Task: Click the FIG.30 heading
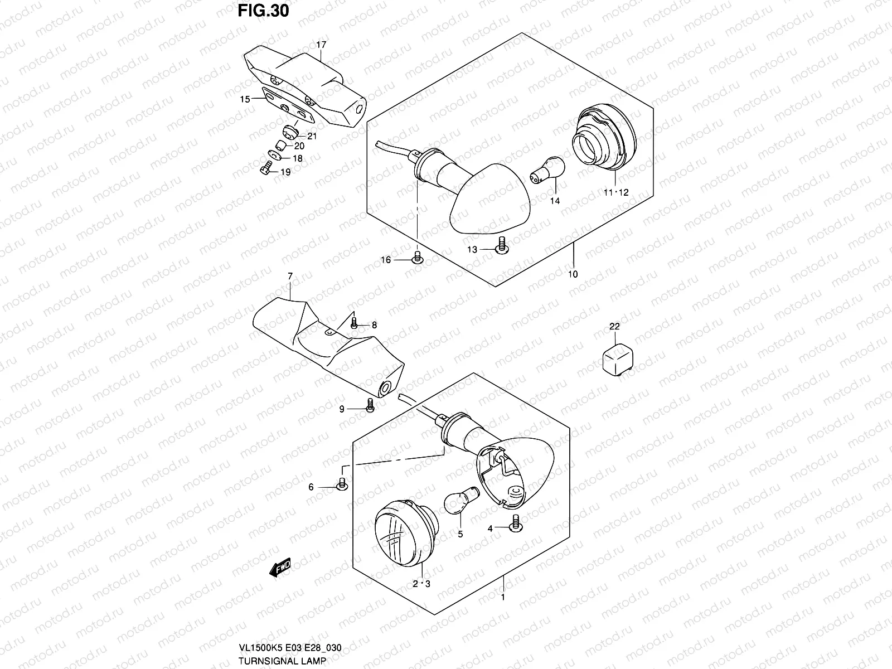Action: (263, 11)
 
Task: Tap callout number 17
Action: (321, 45)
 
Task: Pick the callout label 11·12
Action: (615, 192)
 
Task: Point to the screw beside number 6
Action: (342, 484)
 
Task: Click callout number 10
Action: (573, 274)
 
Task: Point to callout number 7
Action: (290, 276)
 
